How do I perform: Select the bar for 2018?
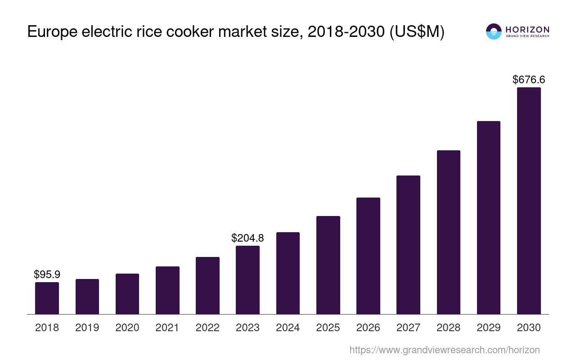click(x=47, y=298)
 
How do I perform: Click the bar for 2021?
click(x=167, y=290)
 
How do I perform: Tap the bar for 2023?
click(x=247, y=280)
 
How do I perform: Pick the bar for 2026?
click(x=368, y=256)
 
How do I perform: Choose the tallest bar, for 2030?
click(x=529, y=201)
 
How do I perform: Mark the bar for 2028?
click(x=449, y=232)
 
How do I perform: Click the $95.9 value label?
click(x=47, y=274)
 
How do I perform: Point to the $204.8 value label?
click(x=247, y=238)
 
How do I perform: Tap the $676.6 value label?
click(x=529, y=80)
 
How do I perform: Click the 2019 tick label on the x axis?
click(x=87, y=328)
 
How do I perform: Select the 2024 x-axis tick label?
click(x=288, y=328)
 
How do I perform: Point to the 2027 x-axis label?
click(x=408, y=328)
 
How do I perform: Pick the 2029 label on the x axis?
click(x=489, y=328)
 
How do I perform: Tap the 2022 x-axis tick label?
click(x=207, y=328)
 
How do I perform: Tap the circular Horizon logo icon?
click(x=494, y=31)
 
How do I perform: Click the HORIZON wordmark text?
click(x=527, y=29)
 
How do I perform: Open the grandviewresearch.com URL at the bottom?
click(x=445, y=350)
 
